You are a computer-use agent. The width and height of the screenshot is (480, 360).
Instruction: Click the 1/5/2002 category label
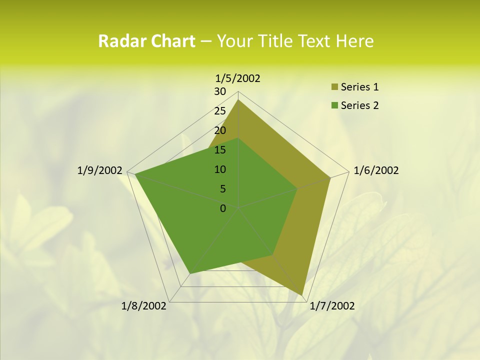238,78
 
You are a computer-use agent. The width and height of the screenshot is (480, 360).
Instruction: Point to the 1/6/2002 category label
376,170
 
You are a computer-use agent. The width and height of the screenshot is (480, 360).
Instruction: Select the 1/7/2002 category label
332,305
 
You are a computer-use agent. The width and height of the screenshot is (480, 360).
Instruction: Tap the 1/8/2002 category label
144,305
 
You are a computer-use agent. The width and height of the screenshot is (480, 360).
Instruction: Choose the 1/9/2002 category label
100,170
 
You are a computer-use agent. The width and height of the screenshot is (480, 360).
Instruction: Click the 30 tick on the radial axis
220,91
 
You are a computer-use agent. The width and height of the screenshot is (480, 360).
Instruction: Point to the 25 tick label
220,111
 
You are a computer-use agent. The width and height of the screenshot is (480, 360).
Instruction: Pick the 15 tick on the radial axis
220,150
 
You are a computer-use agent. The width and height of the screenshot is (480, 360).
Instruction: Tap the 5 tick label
222,189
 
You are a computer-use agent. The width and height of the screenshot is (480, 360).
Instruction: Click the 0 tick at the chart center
223,208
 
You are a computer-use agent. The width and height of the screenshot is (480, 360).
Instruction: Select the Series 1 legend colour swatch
334,87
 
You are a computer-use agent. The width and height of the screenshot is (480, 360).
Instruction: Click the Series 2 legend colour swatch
334,105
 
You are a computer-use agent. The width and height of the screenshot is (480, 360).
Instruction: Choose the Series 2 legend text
359,105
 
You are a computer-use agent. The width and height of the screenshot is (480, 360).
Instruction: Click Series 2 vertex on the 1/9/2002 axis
135,174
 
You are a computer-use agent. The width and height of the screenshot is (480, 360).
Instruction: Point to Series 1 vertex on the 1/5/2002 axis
238,99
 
